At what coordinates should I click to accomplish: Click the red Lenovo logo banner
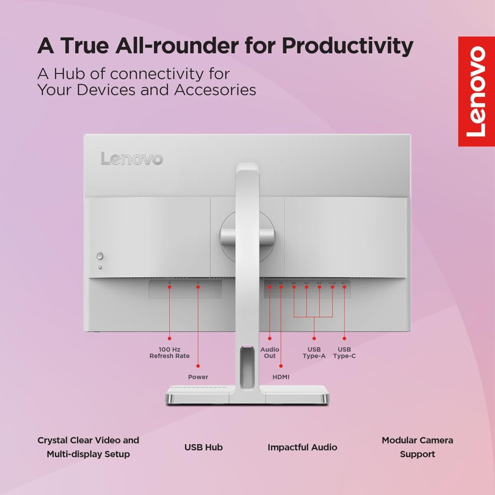(x=476, y=91)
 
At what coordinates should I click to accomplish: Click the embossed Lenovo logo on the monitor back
(x=132, y=159)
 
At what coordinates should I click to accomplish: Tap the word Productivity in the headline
(x=347, y=46)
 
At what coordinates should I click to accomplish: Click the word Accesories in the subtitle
(x=215, y=90)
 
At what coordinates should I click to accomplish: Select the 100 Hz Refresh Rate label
(x=170, y=353)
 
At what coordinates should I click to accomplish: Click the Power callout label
(x=198, y=377)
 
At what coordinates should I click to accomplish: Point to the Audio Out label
(x=270, y=353)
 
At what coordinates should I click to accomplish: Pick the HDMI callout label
(x=281, y=377)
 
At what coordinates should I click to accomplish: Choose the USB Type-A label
(x=314, y=353)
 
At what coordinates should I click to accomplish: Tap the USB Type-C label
(x=344, y=353)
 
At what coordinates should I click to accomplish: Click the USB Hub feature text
(x=204, y=447)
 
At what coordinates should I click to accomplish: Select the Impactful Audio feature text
(x=302, y=448)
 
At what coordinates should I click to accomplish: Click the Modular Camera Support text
(x=417, y=447)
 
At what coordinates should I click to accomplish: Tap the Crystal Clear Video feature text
(x=88, y=447)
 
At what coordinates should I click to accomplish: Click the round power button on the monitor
(x=100, y=256)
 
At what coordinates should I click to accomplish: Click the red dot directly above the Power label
(x=198, y=366)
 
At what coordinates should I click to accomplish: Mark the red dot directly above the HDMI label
(x=281, y=366)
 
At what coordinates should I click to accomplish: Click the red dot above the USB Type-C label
(x=344, y=339)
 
